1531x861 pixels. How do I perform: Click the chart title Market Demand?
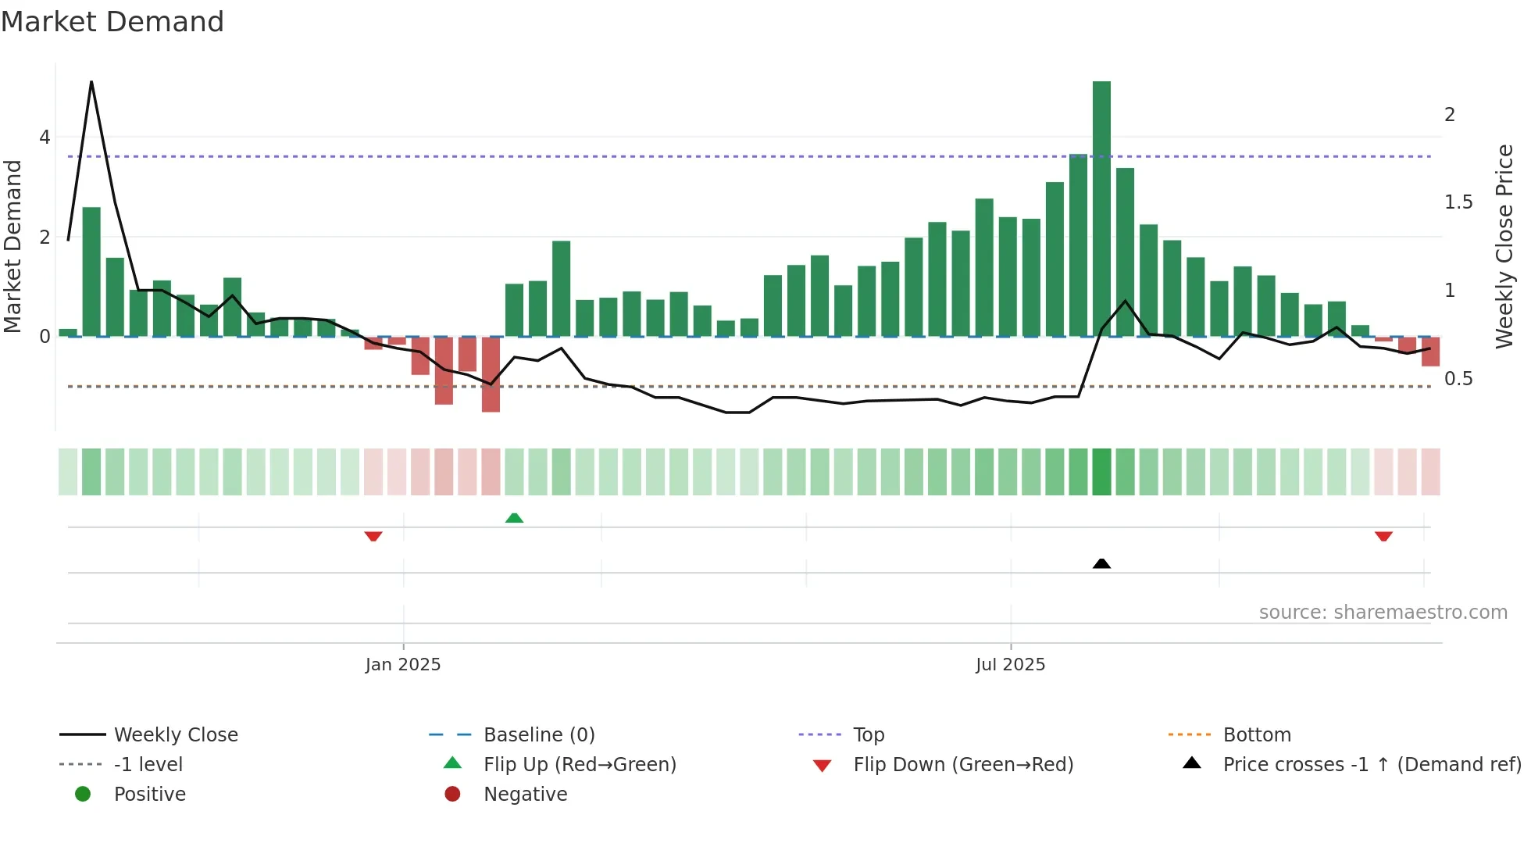pos(112,22)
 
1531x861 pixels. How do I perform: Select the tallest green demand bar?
pos(1101,209)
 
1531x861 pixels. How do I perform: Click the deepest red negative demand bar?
pos(491,374)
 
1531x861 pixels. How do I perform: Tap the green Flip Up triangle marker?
pos(514,518)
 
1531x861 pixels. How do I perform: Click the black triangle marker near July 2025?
pos(1101,563)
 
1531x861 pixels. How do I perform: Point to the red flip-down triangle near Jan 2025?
pos(373,536)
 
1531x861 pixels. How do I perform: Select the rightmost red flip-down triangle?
pos(1383,536)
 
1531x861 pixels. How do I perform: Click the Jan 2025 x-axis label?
pos(403,665)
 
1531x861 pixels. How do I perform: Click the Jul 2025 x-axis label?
pos(1010,665)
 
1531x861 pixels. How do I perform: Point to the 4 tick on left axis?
pos(45,138)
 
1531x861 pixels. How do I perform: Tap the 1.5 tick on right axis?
pos(1458,202)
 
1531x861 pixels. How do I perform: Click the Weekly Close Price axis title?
pos(1504,246)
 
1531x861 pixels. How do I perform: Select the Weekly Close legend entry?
pos(176,735)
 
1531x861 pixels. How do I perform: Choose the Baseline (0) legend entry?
pos(539,735)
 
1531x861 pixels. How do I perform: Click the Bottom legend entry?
pos(1256,735)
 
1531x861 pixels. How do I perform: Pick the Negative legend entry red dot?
pos(452,795)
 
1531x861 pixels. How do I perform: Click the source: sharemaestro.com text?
pos(1383,613)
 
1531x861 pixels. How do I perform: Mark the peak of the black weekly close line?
pos(91,82)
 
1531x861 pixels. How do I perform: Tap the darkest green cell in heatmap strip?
pos(1101,472)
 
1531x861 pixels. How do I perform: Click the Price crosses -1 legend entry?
pos(1371,765)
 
